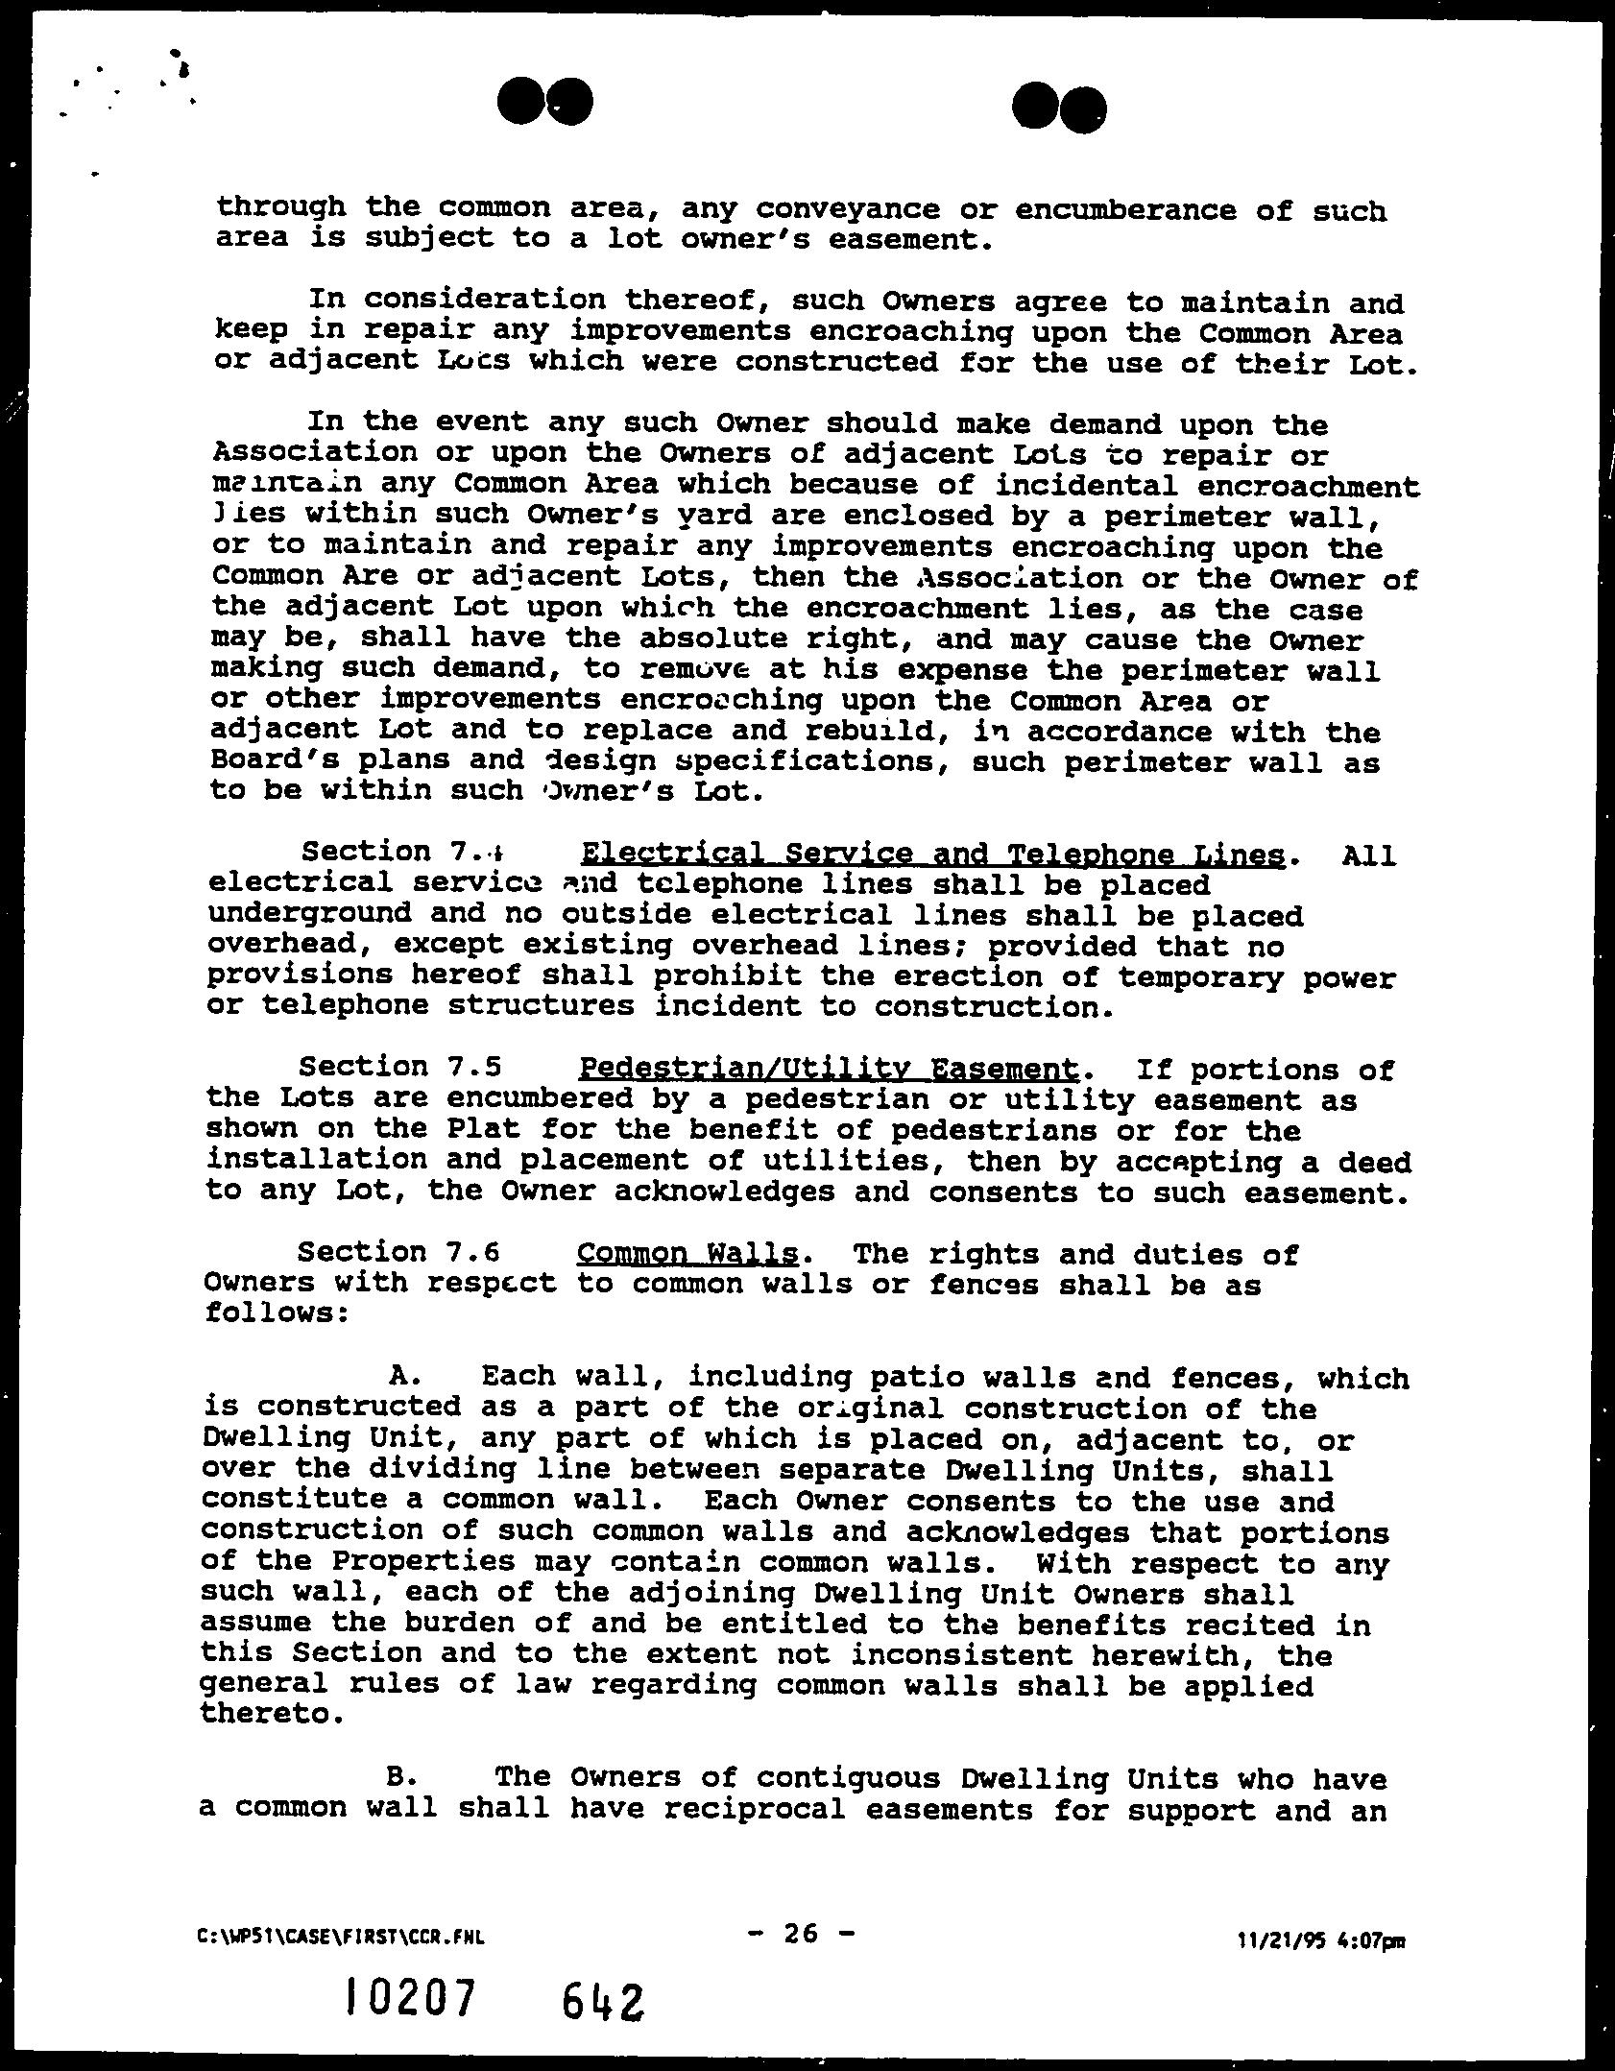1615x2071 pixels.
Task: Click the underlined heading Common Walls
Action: pyautogui.click(x=687, y=1254)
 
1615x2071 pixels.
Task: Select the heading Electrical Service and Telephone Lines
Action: pyautogui.click(x=932, y=854)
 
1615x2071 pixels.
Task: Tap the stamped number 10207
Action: pyautogui.click(x=411, y=1999)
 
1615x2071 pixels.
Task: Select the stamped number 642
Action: pyautogui.click(x=604, y=2001)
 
